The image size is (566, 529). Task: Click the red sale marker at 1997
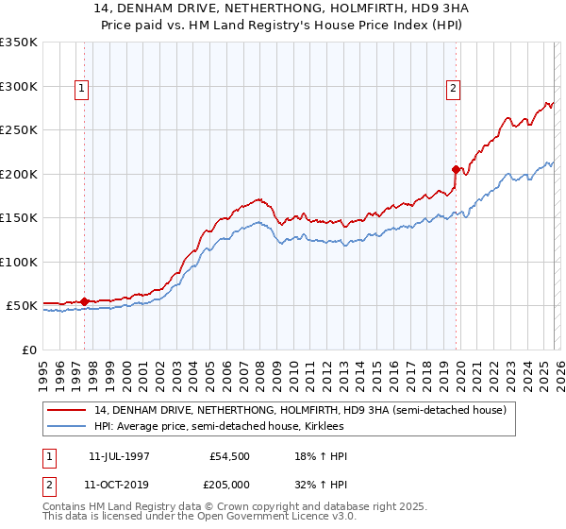coord(85,302)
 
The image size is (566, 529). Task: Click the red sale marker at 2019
coord(456,171)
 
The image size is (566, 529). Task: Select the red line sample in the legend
coord(67,410)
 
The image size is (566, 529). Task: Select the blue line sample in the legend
coord(67,426)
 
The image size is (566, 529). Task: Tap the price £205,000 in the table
coord(230,484)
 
